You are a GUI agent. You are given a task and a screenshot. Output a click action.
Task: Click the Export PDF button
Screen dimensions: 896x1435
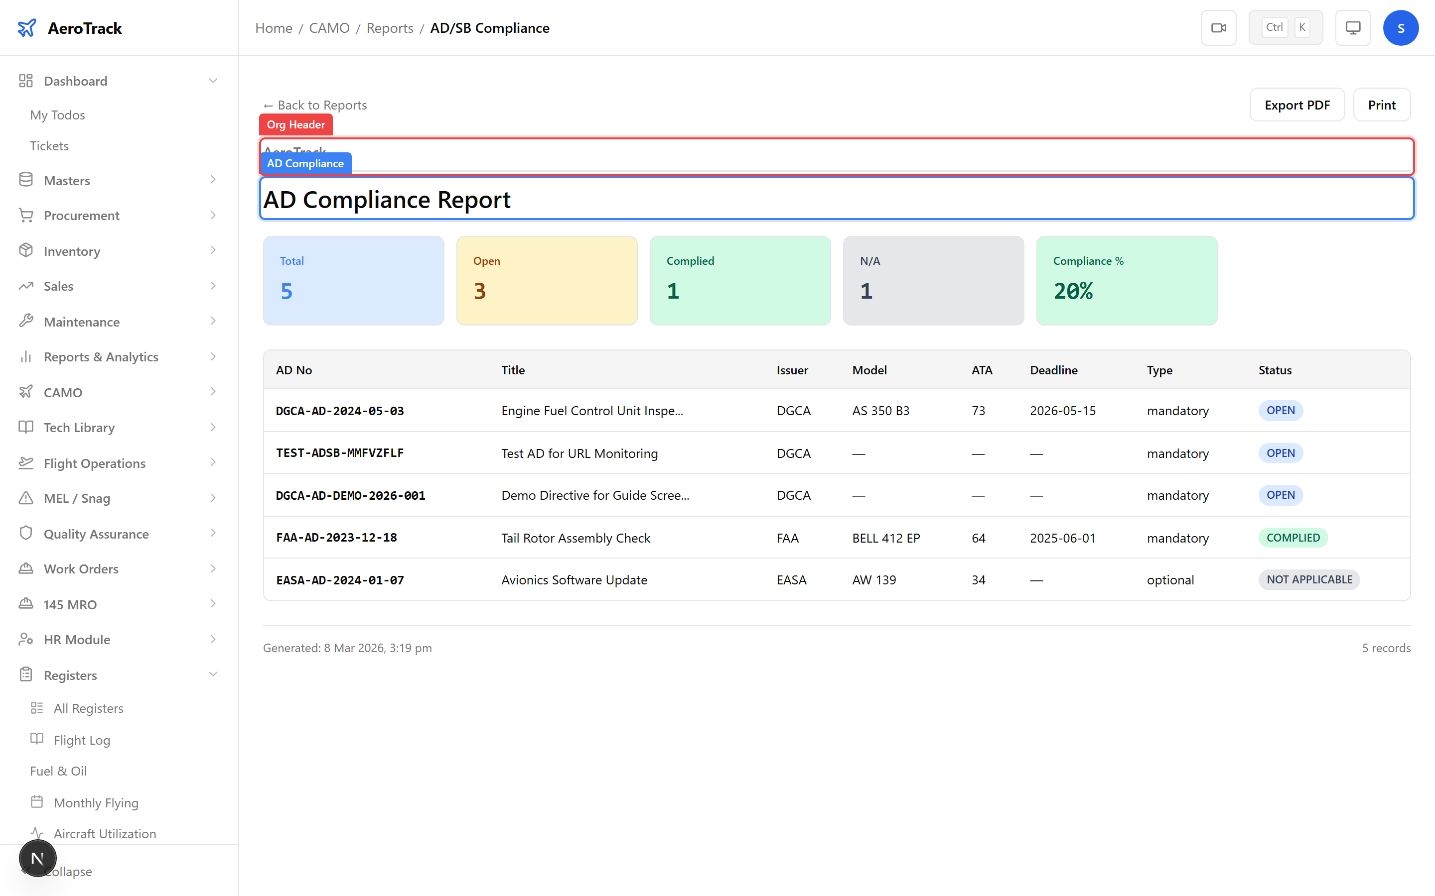click(x=1296, y=105)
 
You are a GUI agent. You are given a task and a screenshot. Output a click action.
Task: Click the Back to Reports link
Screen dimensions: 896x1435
click(x=315, y=105)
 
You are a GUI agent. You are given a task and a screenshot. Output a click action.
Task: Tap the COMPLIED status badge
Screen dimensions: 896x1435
click(x=1292, y=538)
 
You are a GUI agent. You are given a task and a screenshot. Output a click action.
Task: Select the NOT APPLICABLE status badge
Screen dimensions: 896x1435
click(x=1309, y=579)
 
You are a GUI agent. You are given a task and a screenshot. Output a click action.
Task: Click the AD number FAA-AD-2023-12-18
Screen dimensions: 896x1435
click(x=336, y=538)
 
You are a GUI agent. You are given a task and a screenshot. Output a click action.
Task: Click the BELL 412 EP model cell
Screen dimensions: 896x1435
click(x=885, y=538)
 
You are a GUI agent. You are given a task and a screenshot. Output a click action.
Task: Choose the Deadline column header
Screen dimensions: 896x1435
click(x=1053, y=370)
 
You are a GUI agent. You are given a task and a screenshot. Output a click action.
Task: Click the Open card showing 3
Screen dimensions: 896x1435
click(x=546, y=280)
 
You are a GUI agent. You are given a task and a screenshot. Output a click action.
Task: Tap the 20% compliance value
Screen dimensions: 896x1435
click(x=1073, y=291)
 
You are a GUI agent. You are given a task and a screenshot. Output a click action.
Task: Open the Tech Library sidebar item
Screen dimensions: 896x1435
click(x=79, y=427)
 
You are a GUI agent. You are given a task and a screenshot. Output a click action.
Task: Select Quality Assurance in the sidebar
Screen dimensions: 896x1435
click(x=96, y=534)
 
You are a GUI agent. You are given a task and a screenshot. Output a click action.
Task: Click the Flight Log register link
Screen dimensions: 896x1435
click(x=82, y=740)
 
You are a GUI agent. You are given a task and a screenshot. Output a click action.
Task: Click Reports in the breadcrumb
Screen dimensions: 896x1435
click(x=390, y=28)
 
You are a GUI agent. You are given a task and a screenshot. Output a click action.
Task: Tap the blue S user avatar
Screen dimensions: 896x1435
click(x=1400, y=28)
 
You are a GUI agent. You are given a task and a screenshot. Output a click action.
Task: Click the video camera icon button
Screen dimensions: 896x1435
click(x=1218, y=28)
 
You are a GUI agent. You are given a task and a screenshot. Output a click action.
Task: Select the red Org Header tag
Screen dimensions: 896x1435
click(x=295, y=124)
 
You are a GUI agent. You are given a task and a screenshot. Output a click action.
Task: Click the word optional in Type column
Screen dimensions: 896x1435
click(x=1170, y=580)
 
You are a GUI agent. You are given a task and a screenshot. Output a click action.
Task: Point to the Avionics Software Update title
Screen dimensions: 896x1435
click(x=574, y=580)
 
